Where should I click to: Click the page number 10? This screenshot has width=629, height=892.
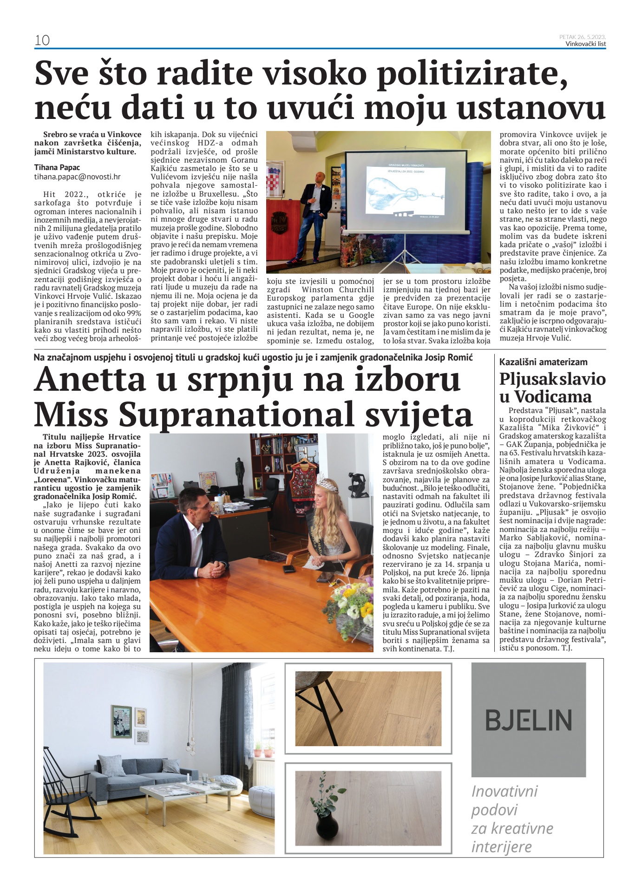click(42, 40)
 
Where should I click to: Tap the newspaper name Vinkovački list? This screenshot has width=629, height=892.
click(585, 44)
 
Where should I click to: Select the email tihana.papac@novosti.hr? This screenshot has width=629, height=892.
click(77, 177)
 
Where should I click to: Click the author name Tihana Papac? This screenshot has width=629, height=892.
click(57, 167)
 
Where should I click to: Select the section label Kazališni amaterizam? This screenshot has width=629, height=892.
click(543, 362)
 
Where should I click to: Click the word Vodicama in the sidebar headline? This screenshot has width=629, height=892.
click(546, 397)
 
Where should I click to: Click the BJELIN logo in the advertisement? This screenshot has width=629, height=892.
click(528, 720)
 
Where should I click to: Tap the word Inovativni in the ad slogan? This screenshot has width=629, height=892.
click(504, 791)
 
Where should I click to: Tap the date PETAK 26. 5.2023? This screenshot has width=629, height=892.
click(583, 37)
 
